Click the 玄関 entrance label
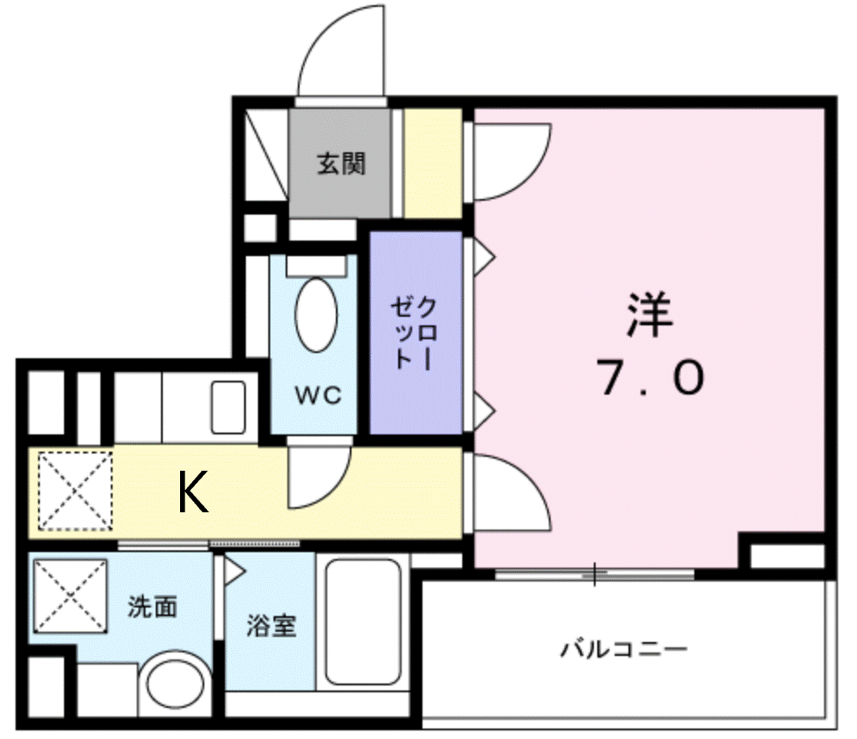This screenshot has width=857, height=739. coord(341,164)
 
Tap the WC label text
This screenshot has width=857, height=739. coord(318,395)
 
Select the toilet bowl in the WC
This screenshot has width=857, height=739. coord(316,315)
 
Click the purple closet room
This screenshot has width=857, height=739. coord(416,332)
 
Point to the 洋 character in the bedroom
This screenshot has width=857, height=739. coord(650,315)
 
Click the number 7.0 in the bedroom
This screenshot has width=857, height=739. coord(650,378)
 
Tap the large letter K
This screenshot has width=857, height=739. coord(194,492)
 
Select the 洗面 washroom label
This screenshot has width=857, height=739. coord(152,607)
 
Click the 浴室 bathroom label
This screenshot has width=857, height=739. coord(272,626)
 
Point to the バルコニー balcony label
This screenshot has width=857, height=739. coord(623,649)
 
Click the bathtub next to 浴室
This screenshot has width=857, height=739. coord(363,621)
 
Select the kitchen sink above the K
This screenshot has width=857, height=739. coord(229,407)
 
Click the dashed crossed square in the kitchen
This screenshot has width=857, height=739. coord(75,491)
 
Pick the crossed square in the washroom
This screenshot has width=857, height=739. coord(70,596)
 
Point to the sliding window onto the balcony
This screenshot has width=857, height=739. coord(595,574)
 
